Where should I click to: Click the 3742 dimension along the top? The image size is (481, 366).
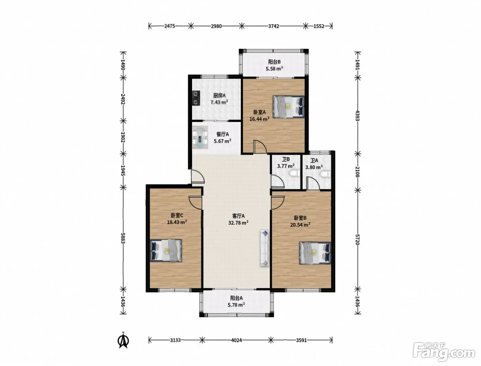(x=274, y=26)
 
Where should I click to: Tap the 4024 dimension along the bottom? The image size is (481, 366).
(x=236, y=340)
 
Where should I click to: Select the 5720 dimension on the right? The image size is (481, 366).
(x=357, y=240)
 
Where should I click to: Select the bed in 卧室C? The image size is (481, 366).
(x=166, y=251)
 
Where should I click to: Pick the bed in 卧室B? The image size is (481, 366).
(x=315, y=253)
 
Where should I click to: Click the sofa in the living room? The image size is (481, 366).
(x=265, y=248)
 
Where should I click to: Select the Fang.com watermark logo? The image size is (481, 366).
(x=444, y=353)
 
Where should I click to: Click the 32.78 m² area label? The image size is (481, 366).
(x=238, y=223)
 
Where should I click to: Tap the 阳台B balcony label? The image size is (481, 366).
(x=275, y=62)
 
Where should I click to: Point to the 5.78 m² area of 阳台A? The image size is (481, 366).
(x=236, y=304)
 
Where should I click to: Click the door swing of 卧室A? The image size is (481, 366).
(x=260, y=146)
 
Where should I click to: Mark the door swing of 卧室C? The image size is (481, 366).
(x=195, y=202)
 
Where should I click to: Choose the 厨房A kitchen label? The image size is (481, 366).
(x=219, y=96)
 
